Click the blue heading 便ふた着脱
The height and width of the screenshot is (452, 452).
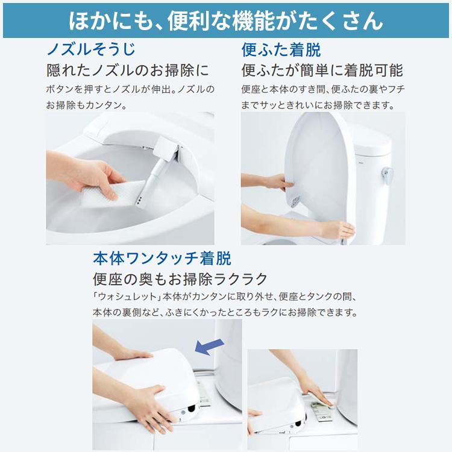[281, 49]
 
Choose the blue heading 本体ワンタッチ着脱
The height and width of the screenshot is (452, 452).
[162, 259]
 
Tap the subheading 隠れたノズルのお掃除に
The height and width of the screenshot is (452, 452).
[128, 70]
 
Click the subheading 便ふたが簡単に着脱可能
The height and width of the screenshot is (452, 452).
[322, 70]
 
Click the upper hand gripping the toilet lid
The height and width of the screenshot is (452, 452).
[265, 181]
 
